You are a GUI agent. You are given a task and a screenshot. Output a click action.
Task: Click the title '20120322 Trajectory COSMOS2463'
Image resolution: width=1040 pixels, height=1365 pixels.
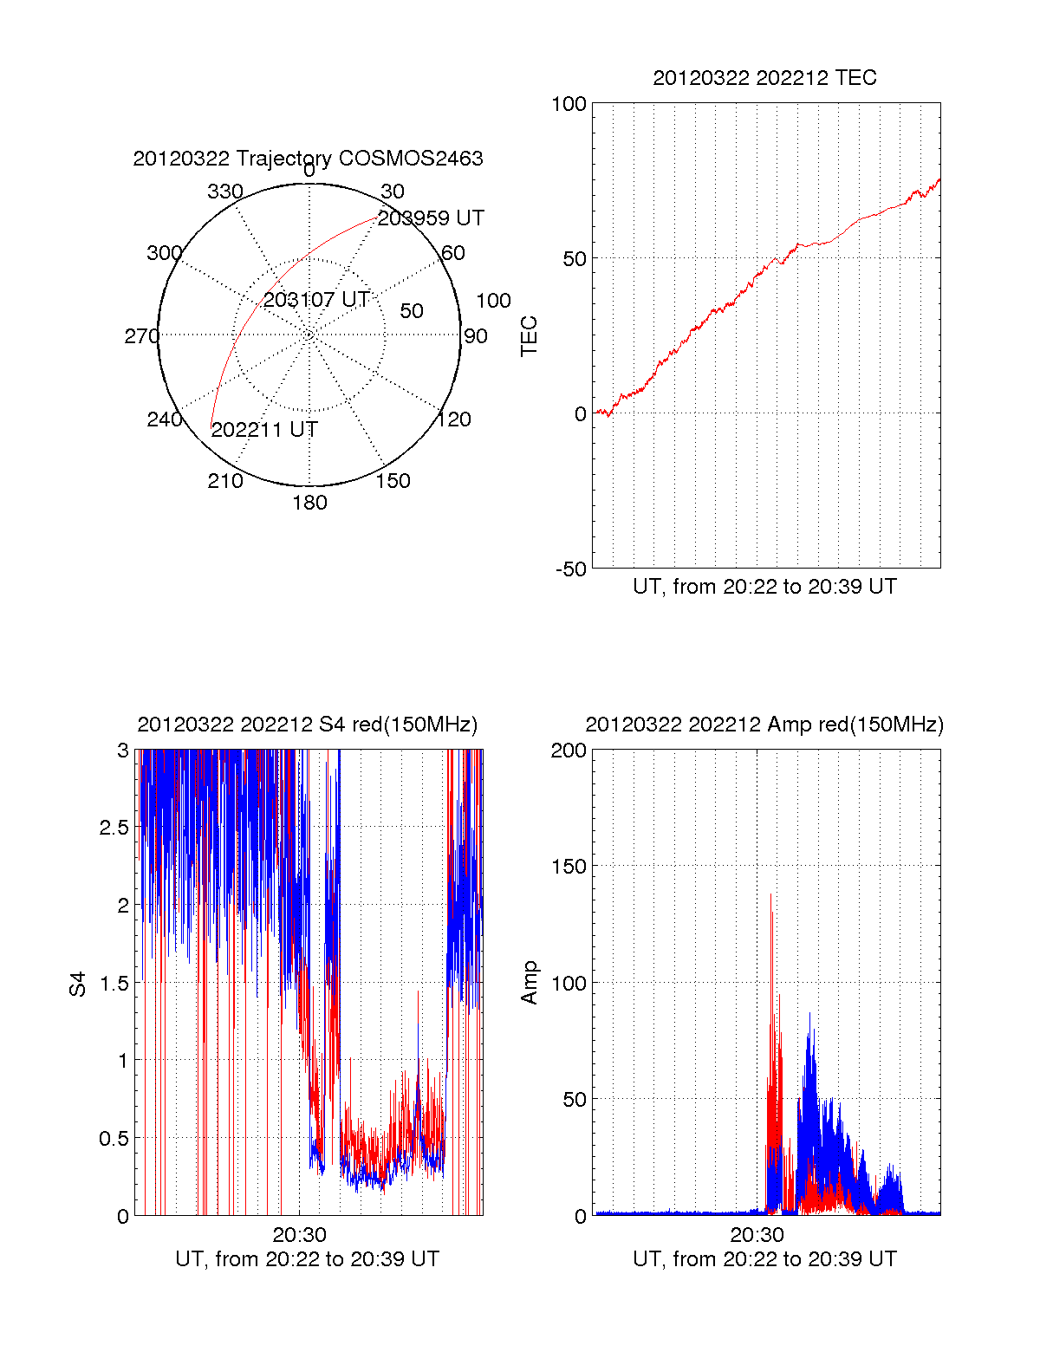[x=308, y=159]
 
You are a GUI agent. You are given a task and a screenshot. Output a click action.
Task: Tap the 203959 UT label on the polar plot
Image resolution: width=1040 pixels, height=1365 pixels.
[x=431, y=218]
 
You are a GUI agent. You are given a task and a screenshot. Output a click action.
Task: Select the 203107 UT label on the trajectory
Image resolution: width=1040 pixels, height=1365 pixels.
[x=316, y=300]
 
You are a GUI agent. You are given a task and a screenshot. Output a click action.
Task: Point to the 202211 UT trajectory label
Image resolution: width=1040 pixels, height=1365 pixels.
[x=264, y=430]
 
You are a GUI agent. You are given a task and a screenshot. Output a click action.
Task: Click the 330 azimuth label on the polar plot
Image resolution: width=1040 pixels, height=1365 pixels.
[x=225, y=192]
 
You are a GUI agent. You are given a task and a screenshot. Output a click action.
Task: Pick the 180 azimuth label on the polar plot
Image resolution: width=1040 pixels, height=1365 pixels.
[x=309, y=503]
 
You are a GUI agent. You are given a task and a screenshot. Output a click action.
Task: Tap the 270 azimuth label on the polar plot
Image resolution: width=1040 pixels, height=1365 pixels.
[x=141, y=336]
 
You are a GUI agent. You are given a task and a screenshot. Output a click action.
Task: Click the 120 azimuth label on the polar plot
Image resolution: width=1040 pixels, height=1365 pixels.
[x=454, y=420]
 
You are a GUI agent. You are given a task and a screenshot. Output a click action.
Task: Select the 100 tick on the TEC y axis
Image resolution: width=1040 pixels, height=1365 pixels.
[x=569, y=104]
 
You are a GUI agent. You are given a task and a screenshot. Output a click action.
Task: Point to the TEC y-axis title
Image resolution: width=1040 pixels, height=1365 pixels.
[x=529, y=336]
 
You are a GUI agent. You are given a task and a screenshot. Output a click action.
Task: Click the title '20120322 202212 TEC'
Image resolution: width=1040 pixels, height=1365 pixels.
[x=764, y=78]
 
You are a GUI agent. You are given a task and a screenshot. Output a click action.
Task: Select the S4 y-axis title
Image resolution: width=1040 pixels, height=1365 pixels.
[x=78, y=984]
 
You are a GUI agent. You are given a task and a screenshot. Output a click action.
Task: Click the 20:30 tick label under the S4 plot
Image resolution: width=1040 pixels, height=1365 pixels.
[x=300, y=1235]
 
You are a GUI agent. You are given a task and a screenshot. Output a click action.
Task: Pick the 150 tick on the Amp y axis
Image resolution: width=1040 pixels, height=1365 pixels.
[x=569, y=867]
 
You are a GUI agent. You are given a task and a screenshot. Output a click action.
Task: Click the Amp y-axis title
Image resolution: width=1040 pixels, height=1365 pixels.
[x=529, y=983]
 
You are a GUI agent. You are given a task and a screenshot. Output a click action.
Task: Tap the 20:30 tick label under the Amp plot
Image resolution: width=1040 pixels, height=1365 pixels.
[x=757, y=1235]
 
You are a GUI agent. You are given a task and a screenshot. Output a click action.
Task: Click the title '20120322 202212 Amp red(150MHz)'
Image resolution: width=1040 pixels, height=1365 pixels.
[x=764, y=725]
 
